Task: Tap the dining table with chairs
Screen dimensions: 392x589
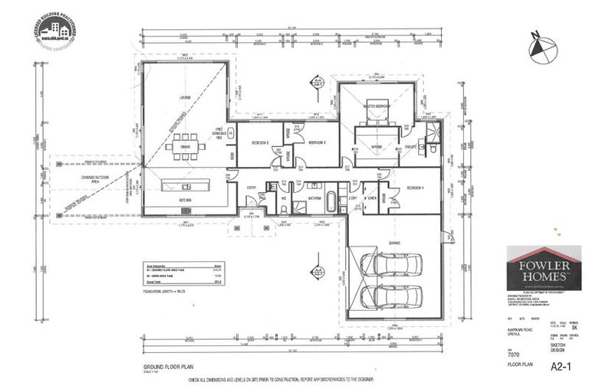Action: [185, 150]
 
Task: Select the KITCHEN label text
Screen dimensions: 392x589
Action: [185, 200]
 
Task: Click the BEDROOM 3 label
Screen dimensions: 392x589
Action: [317, 142]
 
